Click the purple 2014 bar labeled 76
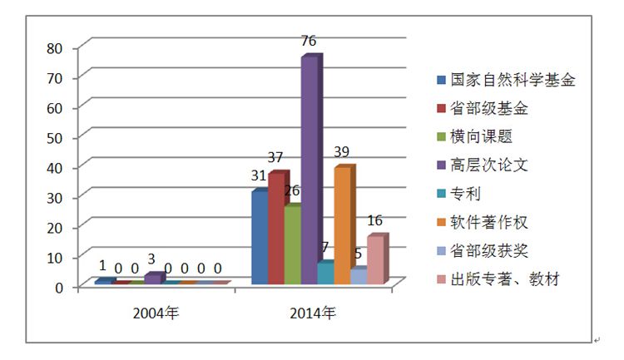coord(308,170)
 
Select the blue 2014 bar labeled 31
coord(259,238)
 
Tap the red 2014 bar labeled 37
coord(275,229)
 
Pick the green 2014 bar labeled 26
coord(291,245)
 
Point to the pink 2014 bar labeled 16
coord(374,260)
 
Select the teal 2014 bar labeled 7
coord(324,274)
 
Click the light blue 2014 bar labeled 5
coord(358,277)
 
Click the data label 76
coord(309,42)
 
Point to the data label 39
coord(342,152)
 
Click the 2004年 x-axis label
coord(156,313)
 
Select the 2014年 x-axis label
coord(313,313)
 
